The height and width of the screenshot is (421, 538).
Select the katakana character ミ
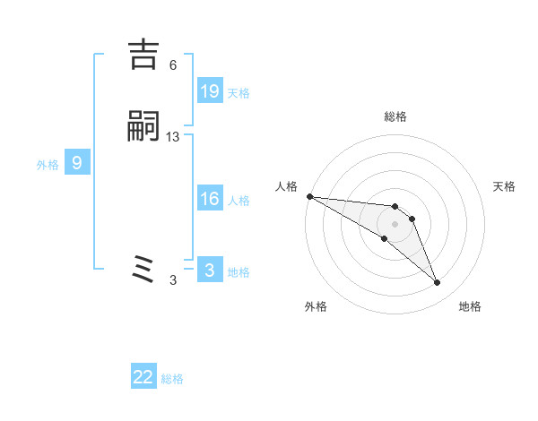coord(144,270)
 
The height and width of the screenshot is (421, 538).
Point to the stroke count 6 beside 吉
coord(173,65)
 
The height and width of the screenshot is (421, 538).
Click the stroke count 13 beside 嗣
coord(173,137)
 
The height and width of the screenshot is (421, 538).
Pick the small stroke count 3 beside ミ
coord(173,280)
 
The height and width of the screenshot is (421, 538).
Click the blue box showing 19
coord(209,91)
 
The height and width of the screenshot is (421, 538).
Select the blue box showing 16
coord(209,199)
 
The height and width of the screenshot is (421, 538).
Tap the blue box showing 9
coord(77,163)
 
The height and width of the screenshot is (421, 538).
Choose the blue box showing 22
coord(143,377)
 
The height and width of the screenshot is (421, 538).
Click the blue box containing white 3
coord(209,271)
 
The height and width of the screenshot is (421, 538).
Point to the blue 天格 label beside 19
coord(239,93)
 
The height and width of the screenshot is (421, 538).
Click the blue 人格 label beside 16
coord(239,201)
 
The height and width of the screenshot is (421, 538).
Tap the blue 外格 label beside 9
coord(48,165)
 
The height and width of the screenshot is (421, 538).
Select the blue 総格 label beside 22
coord(173,379)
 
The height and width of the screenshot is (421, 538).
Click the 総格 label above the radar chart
coord(395,117)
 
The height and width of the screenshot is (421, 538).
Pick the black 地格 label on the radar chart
coord(470,307)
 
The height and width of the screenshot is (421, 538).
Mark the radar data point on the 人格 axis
coord(309,196)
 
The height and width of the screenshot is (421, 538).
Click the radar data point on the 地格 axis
coord(437,283)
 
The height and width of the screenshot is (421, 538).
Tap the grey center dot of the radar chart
coord(395,223)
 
